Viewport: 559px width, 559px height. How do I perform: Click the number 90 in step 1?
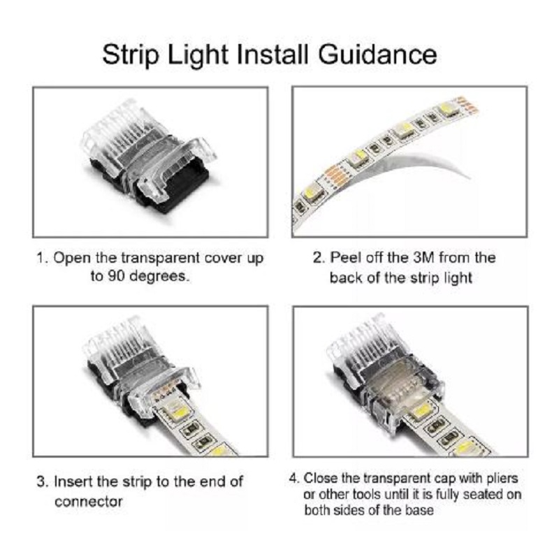coord(117,276)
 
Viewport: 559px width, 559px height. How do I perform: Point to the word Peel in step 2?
coord(345,258)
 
